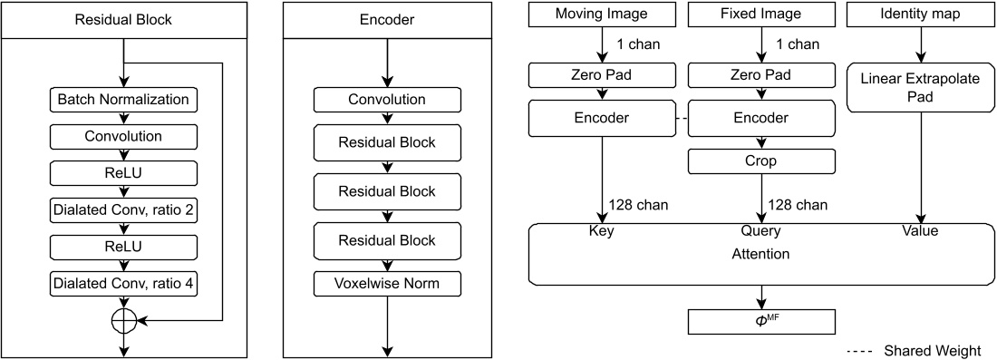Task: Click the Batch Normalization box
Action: [x=123, y=99]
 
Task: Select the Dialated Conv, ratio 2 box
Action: [x=123, y=210]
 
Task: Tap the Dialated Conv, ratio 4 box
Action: [x=123, y=285]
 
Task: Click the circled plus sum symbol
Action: [x=123, y=320]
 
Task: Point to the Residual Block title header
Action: [x=123, y=19]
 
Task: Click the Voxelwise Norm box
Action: [x=388, y=284]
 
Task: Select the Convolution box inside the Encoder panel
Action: [x=388, y=99]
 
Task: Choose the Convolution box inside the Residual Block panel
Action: [x=123, y=136]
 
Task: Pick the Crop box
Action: [x=760, y=161]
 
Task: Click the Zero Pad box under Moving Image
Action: [x=602, y=75]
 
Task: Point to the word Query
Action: [x=760, y=231]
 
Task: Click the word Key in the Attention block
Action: [x=602, y=231]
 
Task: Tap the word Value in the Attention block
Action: [x=921, y=231]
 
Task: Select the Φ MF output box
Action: [x=760, y=320]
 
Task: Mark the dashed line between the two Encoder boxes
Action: [x=681, y=118]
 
